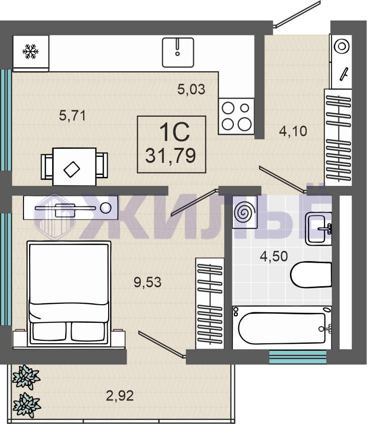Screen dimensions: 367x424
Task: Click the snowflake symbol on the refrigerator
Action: (x=30, y=52)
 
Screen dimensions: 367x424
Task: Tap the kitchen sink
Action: (x=178, y=53)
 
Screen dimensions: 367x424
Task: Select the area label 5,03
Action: (x=191, y=89)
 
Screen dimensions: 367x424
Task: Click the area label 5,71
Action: (x=73, y=116)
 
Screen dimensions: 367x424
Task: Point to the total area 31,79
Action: (x=170, y=156)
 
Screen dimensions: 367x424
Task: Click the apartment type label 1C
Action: (x=174, y=132)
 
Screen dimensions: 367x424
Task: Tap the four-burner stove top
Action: (x=236, y=116)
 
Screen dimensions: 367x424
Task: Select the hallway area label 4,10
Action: (x=293, y=131)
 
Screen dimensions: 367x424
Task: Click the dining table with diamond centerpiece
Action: (x=74, y=166)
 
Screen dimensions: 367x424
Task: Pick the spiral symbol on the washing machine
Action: (x=245, y=212)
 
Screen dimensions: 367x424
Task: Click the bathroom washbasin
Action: (x=318, y=229)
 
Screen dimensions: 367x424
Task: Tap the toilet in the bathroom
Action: (x=311, y=275)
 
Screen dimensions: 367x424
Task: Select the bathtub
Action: (x=282, y=328)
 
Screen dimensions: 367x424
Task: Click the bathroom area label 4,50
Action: (x=274, y=256)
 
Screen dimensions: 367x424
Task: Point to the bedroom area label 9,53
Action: (x=147, y=282)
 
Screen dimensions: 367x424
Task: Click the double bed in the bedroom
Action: (x=69, y=294)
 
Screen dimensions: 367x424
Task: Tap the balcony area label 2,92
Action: (x=120, y=396)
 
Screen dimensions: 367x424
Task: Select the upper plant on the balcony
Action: (x=26, y=377)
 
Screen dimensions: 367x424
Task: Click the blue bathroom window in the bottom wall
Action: (x=298, y=357)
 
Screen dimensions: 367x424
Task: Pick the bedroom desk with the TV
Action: (x=71, y=207)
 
